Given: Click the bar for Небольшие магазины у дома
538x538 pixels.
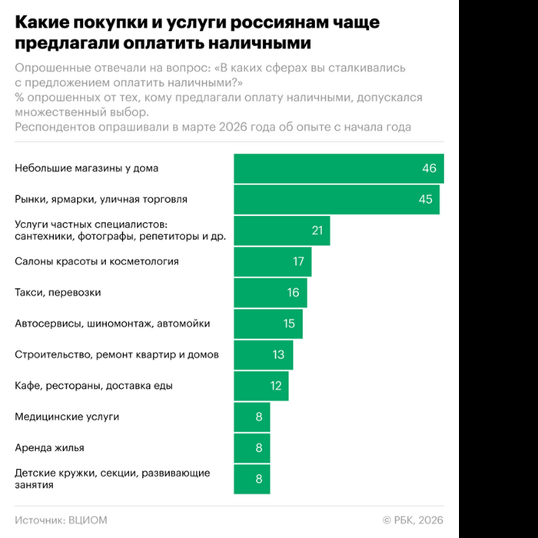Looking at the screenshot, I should pyautogui.click(x=338, y=168).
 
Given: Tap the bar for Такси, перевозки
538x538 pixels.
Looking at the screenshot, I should pyautogui.click(x=270, y=293).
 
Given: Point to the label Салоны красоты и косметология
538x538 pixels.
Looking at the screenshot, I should pyautogui.click(x=97, y=261).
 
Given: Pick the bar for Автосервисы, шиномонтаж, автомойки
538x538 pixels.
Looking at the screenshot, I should pyautogui.click(x=267, y=324).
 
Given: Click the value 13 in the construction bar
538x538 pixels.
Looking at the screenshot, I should pyautogui.click(x=277, y=354).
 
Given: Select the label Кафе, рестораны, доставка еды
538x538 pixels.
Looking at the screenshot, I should pyautogui.click(x=94, y=385).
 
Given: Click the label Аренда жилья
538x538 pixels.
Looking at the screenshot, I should pyautogui.click(x=50, y=447).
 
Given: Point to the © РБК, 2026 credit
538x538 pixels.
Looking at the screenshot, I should pyautogui.click(x=413, y=520).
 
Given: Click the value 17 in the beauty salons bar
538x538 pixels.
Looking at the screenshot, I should pyautogui.click(x=298, y=261).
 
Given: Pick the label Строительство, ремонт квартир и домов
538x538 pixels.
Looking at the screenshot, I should pyautogui.click(x=117, y=354).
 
